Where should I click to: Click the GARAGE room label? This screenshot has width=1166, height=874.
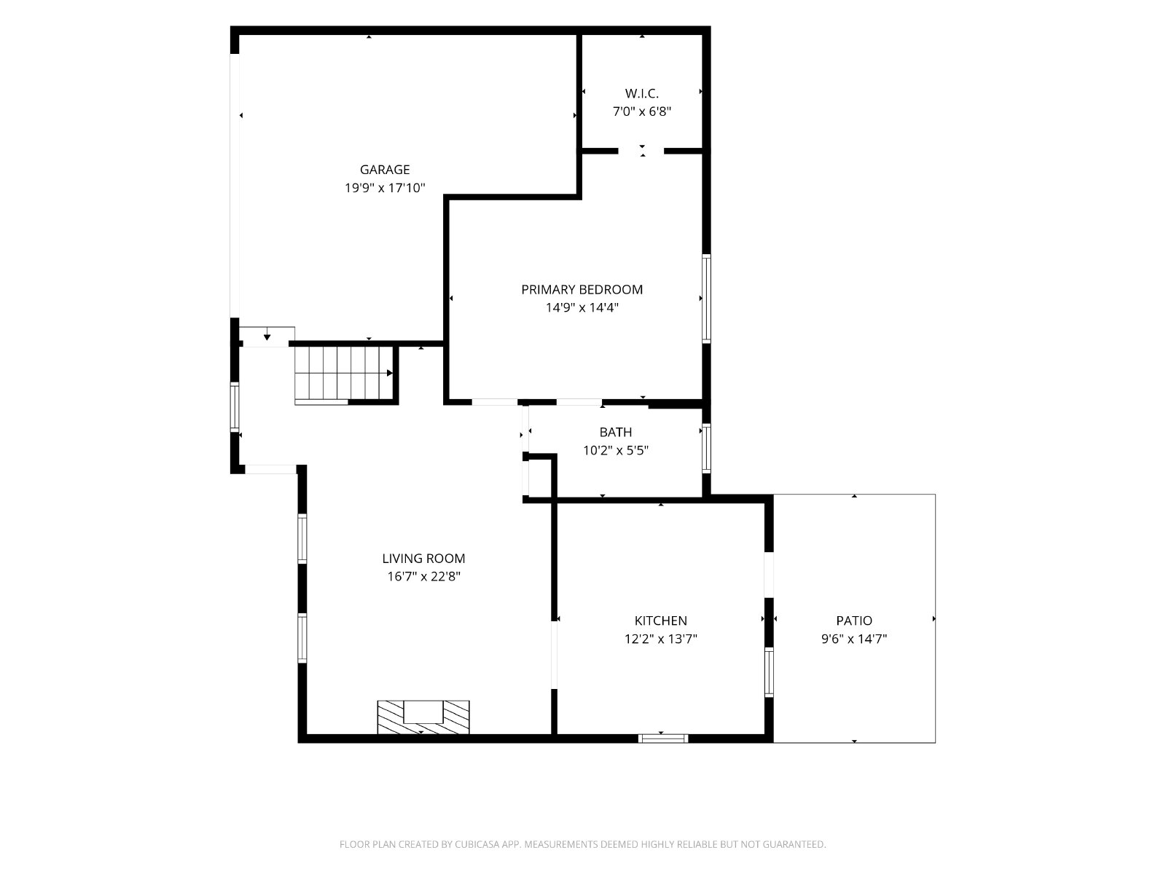pyautogui.click(x=385, y=170)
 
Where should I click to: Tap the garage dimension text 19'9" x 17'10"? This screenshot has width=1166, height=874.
pyautogui.click(x=385, y=188)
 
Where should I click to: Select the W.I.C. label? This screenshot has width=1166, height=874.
pyautogui.click(x=642, y=93)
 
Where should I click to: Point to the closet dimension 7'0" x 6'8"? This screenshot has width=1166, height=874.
pyautogui.click(x=642, y=111)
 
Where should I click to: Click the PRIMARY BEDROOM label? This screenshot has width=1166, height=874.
pyautogui.click(x=582, y=290)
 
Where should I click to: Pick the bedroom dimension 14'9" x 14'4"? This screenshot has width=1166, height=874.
pyautogui.click(x=582, y=308)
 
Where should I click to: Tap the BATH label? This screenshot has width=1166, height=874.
pyautogui.click(x=616, y=433)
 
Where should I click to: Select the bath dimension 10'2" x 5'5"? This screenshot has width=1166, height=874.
pyautogui.click(x=616, y=451)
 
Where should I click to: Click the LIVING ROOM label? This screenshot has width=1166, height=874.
pyautogui.click(x=423, y=559)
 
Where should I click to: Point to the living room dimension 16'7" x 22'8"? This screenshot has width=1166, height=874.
pyautogui.click(x=423, y=577)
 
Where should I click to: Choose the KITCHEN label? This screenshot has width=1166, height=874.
pyautogui.click(x=660, y=621)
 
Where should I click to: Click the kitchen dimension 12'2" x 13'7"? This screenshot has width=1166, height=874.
pyautogui.click(x=660, y=639)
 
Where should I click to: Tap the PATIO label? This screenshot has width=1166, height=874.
pyautogui.click(x=853, y=621)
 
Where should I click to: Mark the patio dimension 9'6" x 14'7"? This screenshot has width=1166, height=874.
pyautogui.click(x=853, y=639)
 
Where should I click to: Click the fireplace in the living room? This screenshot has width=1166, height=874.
pyautogui.click(x=423, y=717)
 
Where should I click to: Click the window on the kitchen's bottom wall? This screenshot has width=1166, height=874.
pyautogui.click(x=663, y=739)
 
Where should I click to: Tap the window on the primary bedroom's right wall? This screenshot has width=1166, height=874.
pyautogui.click(x=706, y=299)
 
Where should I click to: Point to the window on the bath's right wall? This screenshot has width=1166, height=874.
pyautogui.click(x=706, y=449)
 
